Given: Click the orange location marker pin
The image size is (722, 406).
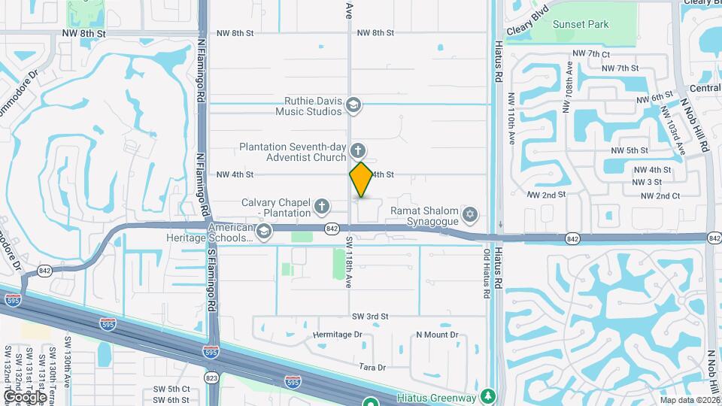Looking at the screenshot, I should pyautogui.click(x=361, y=180).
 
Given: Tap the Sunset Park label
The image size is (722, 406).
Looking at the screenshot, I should pyautogui.click(x=581, y=25).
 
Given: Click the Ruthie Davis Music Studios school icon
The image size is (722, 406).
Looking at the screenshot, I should pyautogui.click(x=353, y=106).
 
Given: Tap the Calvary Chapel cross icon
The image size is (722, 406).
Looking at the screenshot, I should pyautogui.click(x=322, y=206).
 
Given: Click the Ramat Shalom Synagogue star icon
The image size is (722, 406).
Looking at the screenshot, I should pyautogui.click(x=470, y=216).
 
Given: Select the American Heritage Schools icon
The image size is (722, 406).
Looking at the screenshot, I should pyautogui.click(x=263, y=232).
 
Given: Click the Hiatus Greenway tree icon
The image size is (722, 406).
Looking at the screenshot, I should pyautogui.click(x=489, y=396).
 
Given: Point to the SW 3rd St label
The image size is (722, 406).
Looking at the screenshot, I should pyautogui.click(x=370, y=317).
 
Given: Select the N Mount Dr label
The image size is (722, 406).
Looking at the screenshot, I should pyautogui.click(x=437, y=335).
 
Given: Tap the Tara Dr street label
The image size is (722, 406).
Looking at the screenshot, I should pyautogui.click(x=372, y=368).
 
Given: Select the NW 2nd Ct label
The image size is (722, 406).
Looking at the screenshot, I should pyautogui.click(x=660, y=196).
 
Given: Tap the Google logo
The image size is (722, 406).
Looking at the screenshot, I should pyautogui.click(x=25, y=396).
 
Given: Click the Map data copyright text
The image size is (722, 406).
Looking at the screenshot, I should pyautogui.click(x=690, y=401).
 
